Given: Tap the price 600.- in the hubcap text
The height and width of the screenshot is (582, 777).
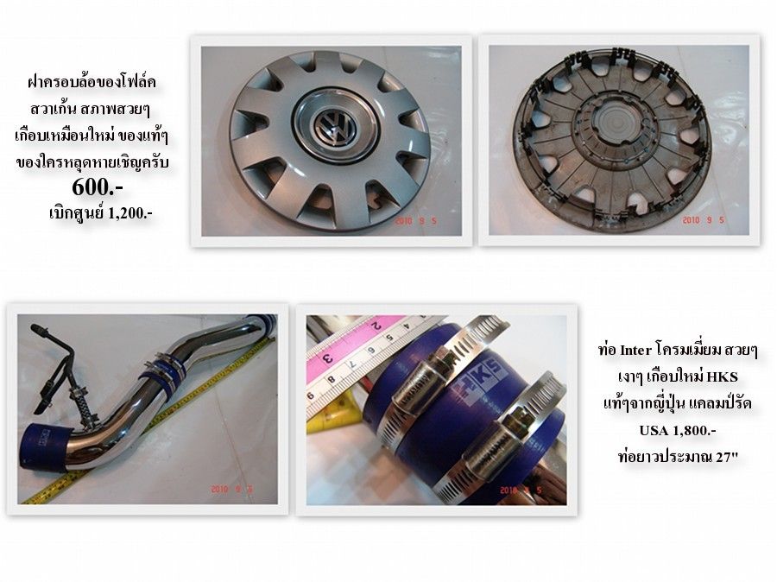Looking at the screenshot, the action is pyautogui.click(x=97, y=188).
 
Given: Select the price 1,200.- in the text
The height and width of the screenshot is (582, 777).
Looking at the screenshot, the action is pyautogui.click(x=129, y=213).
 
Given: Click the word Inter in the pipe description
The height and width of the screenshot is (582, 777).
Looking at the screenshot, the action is pyautogui.click(x=635, y=350).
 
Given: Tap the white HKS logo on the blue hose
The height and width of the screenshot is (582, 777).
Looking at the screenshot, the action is pyautogui.click(x=477, y=381).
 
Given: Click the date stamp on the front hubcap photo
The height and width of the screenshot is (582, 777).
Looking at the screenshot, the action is pyautogui.click(x=415, y=221).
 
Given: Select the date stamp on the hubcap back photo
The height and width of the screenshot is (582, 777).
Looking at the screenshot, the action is pyautogui.click(x=703, y=220).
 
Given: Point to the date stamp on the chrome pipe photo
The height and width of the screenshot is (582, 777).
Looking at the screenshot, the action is pyautogui.click(x=232, y=490).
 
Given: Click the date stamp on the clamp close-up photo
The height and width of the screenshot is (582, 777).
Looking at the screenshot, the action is pyautogui.click(x=521, y=490).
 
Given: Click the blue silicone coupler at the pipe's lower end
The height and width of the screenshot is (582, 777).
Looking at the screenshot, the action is pyautogui.click(x=45, y=446).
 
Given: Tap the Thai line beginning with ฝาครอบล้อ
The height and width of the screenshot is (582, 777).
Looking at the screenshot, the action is pyautogui.click(x=92, y=81).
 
